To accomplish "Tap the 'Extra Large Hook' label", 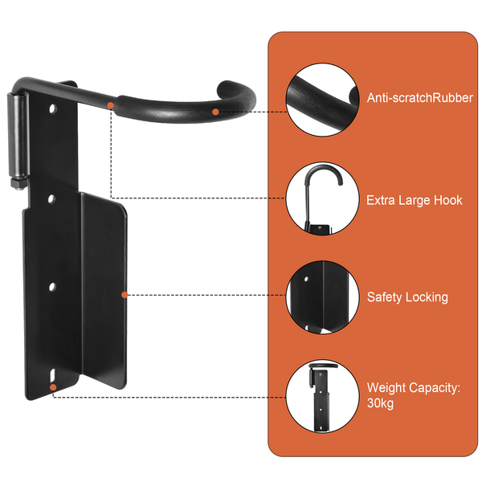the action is coord(415,200).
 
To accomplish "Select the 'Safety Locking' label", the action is coord(407,297).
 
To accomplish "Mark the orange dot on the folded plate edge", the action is coord(124,295).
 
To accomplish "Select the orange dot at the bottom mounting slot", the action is coord(53,387).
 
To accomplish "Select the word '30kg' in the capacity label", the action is coord(381,403).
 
